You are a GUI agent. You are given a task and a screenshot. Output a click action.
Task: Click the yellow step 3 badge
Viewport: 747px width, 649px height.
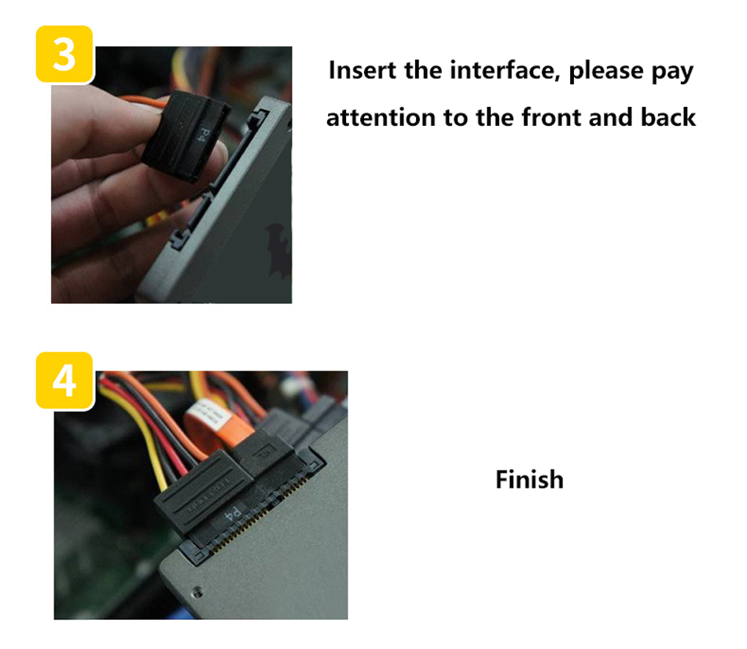coord(64,54)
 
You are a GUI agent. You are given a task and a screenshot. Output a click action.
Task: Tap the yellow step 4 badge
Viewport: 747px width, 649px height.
coord(64,381)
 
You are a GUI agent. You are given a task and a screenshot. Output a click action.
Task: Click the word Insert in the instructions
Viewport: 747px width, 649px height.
coord(362,70)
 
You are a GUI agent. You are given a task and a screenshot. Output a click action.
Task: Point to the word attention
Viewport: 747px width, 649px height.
coord(381,117)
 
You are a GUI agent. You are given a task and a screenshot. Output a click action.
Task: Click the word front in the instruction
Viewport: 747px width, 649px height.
coord(552,117)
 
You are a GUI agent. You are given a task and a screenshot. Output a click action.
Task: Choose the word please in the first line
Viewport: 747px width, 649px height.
coord(606,72)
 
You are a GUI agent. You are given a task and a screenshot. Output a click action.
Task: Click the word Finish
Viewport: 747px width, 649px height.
coord(529,479)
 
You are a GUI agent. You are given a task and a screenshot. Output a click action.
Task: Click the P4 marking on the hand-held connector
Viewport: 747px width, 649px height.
coord(205,135)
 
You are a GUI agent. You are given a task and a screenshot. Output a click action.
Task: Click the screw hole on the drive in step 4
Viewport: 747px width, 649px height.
coord(197,592)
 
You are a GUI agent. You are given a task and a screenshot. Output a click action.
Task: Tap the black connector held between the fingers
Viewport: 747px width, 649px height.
coord(185,136)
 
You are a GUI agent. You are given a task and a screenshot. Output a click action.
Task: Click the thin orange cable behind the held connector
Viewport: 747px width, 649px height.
coord(143,101)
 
